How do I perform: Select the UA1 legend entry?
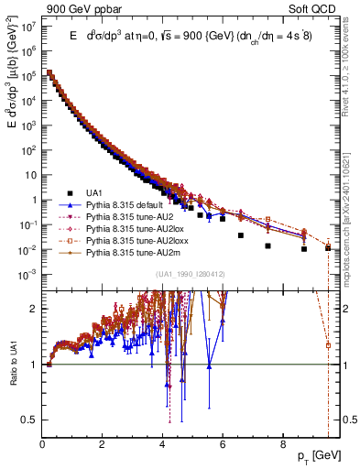pos(93,193)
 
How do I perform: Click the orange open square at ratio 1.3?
pos(328,345)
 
